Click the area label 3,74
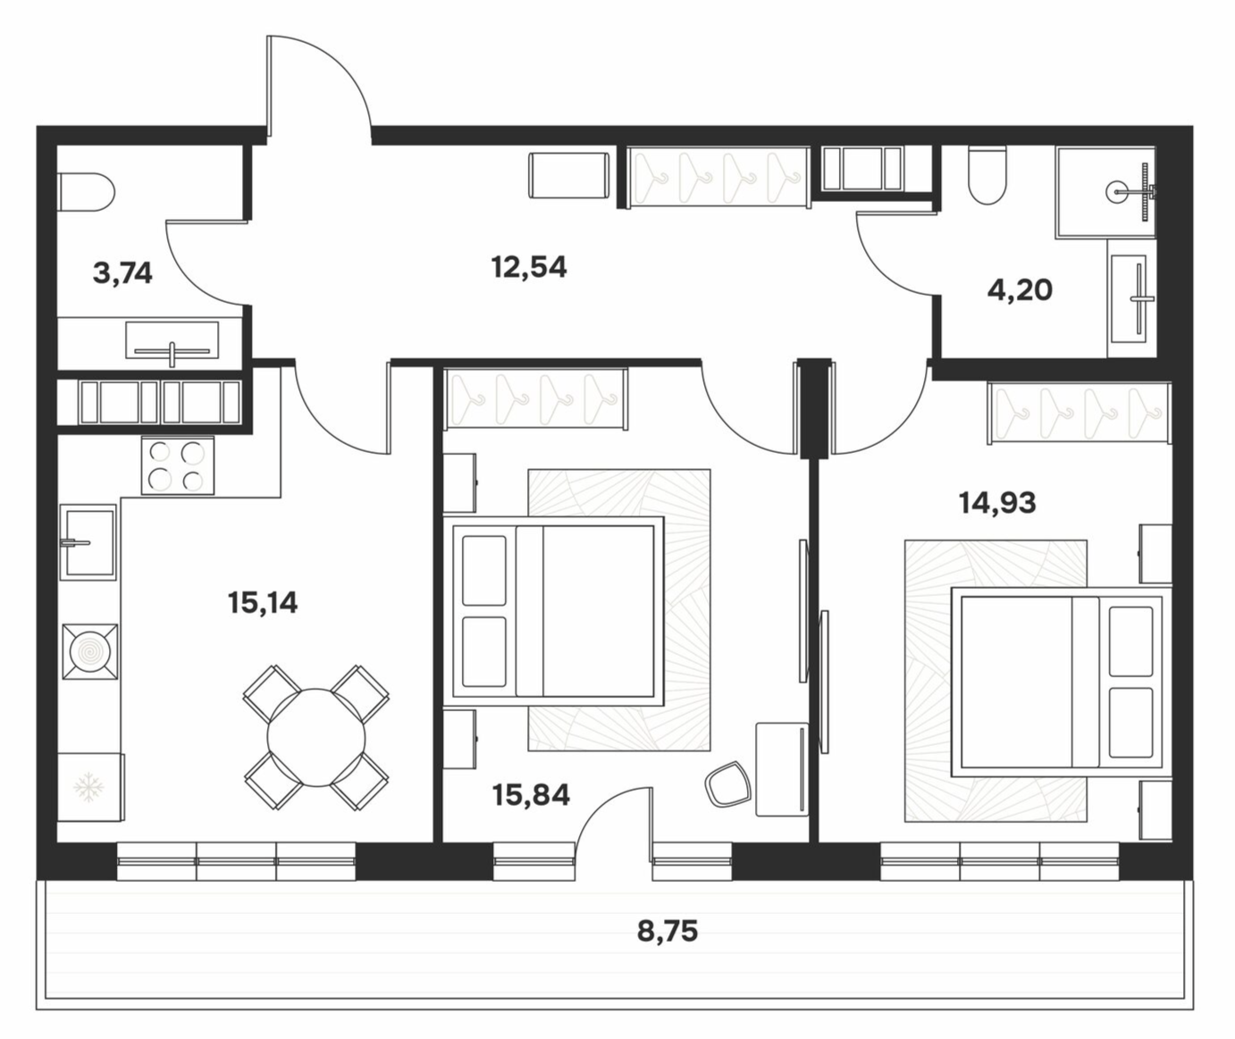tap(123, 273)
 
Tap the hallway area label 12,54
tap(529, 267)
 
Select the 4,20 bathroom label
tap(1021, 290)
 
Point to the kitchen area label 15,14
tap(263, 603)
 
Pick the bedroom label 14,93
tap(997, 503)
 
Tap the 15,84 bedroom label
tap(531, 795)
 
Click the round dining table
tap(316, 737)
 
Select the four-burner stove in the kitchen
tap(178, 465)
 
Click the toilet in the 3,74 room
tap(87, 192)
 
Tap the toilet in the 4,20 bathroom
tap(987, 176)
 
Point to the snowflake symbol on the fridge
tap(88, 787)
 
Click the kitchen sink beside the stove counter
tap(88, 541)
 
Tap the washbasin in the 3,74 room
tap(172, 341)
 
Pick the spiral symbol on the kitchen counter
tap(90, 651)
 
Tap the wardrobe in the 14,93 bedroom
tap(1079, 413)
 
